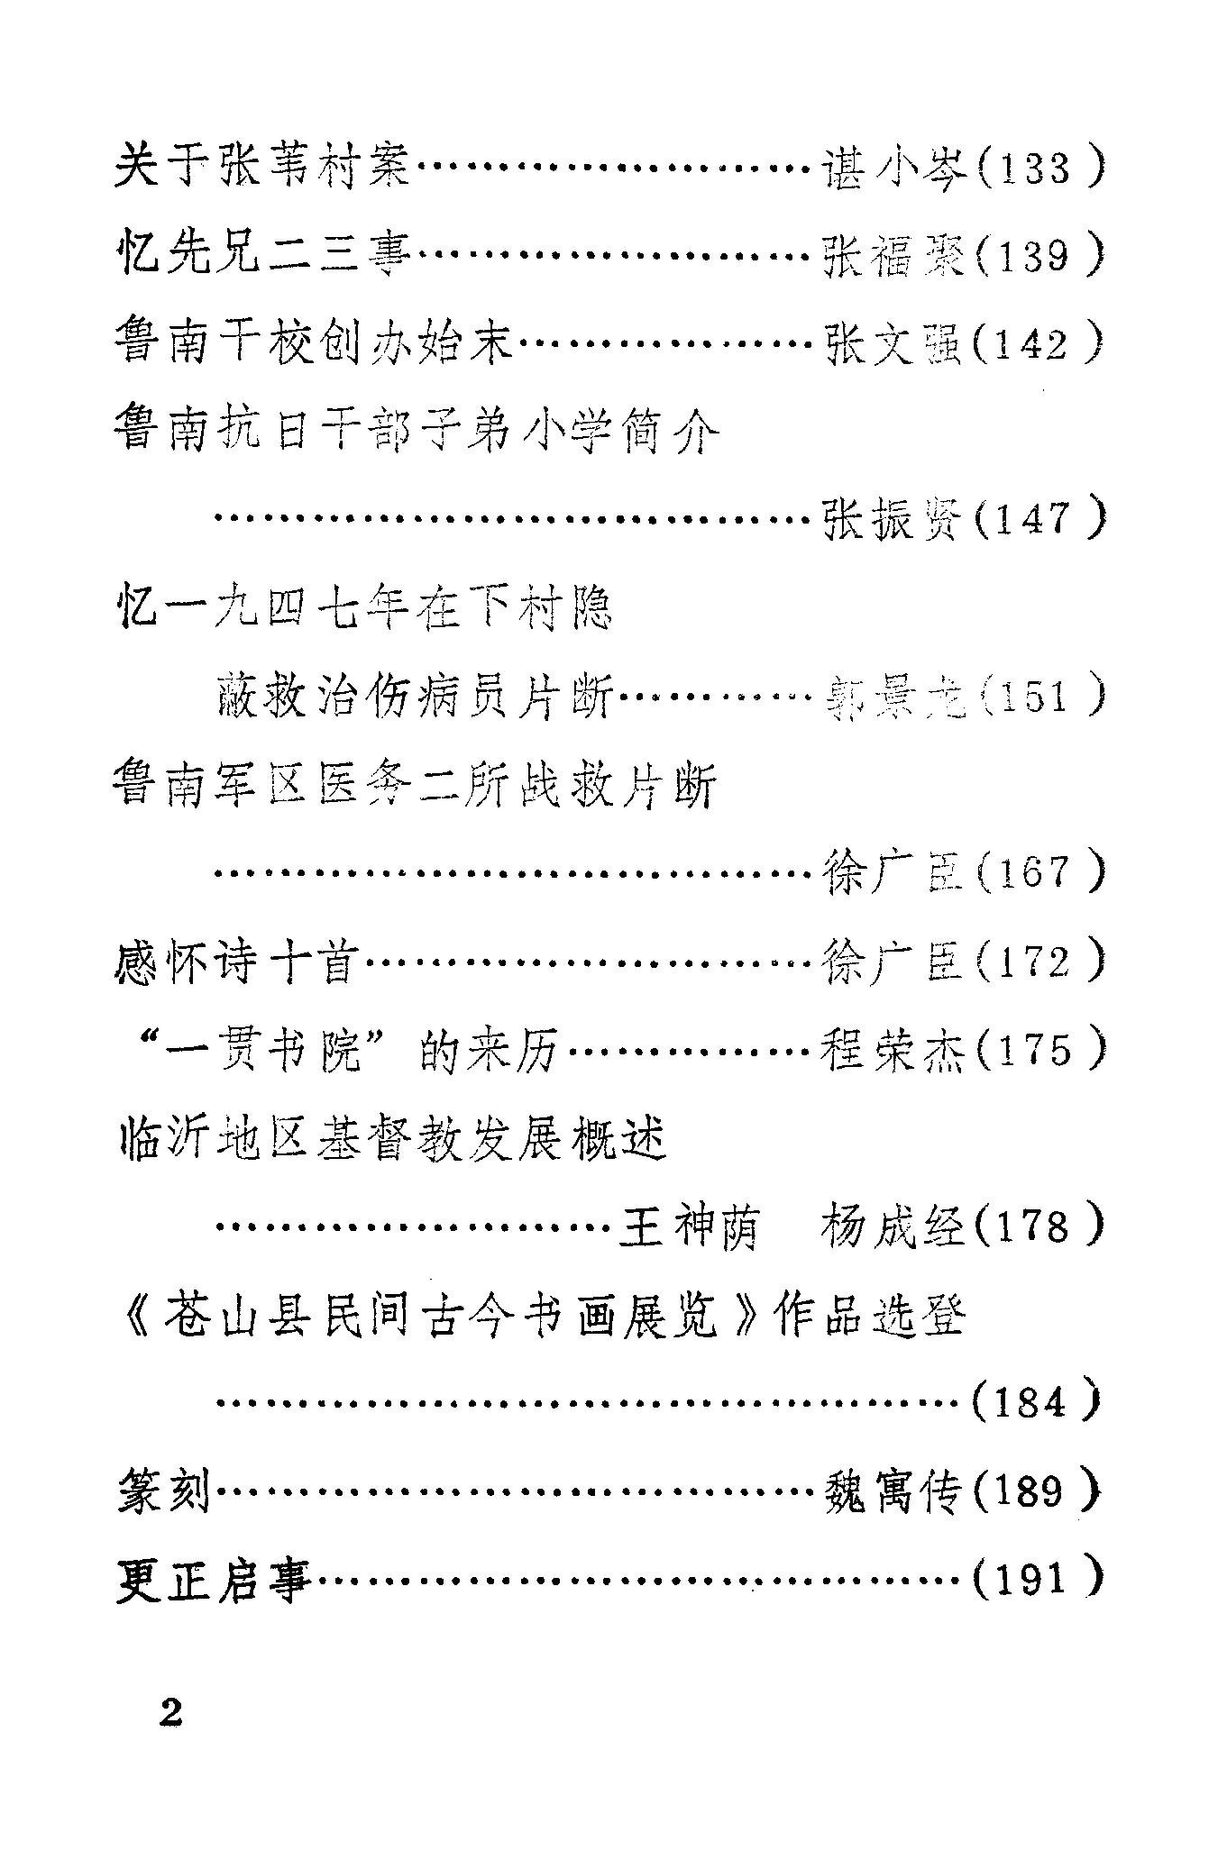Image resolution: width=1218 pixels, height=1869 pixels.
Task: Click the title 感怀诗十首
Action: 237,962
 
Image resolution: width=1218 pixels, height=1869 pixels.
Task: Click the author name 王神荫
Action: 687,1226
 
